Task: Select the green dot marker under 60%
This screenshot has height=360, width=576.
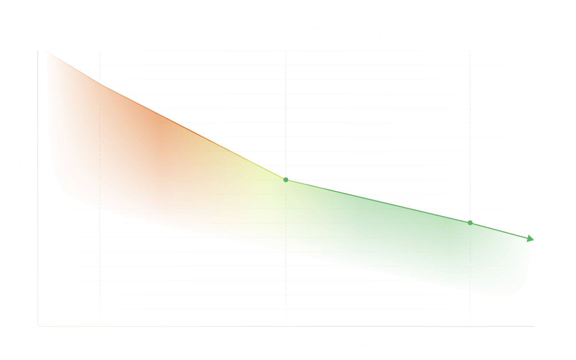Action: pyautogui.click(x=286, y=180)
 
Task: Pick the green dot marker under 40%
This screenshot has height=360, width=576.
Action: pyautogui.click(x=470, y=222)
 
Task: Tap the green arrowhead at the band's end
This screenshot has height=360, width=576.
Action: pyautogui.click(x=531, y=238)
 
